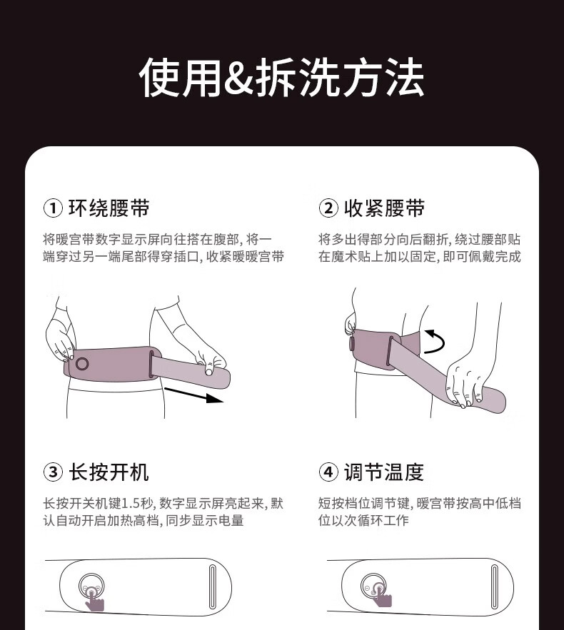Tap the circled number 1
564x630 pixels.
tap(53, 208)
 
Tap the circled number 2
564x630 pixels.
tap(328, 208)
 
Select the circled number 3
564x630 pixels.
tap(53, 472)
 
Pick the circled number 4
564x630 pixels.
tap(328, 472)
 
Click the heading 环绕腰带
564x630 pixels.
tap(109, 208)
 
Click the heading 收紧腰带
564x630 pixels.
tap(384, 208)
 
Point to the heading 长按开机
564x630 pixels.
tap(109, 472)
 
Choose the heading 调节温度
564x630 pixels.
tap(384, 472)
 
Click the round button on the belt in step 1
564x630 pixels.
tap(82, 364)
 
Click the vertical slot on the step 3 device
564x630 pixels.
tap(213, 587)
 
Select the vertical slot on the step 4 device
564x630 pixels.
tap(495, 587)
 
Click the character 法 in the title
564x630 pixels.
tap(404, 77)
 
